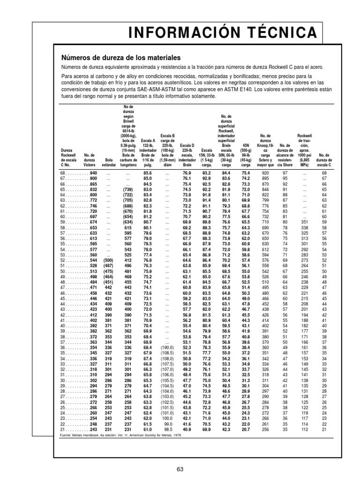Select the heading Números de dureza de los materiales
point(121,58)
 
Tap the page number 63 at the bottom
point(180,469)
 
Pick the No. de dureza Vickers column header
point(90,159)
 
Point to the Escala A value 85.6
point(148,173)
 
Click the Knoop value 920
point(265,173)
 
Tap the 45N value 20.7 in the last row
point(246,429)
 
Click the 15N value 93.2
point(207,173)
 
